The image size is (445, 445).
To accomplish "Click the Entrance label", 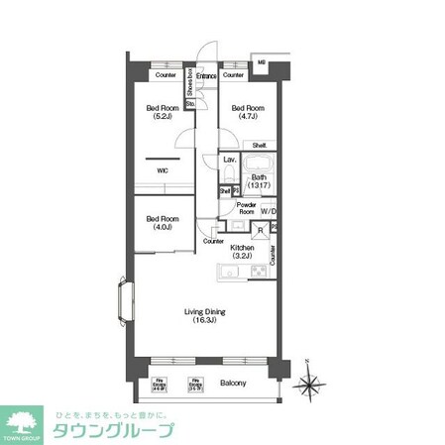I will pyautogui.click(x=206, y=75).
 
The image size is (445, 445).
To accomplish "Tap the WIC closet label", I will pyautogui.click(x=162, y=169).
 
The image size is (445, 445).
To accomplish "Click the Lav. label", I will pyautogui.click(x=229, y=160).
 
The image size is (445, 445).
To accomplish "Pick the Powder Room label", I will pyautogui.click(x=246, y=207).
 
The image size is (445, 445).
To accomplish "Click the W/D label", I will pyautogui.click(x=269, y=209).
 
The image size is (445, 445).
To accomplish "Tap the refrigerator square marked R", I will pyautogui.click(x=259, y=231).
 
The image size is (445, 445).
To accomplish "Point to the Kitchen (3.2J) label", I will pyautogui.click(x=244, y=252).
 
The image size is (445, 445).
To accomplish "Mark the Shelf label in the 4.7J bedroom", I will pyautogui.click(x=257, y=145).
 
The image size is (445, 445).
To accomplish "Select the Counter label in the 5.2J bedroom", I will pyautogui.click(x=165, y=75).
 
